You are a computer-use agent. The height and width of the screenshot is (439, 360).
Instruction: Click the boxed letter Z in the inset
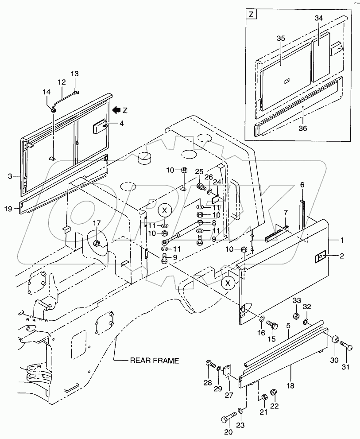pos(251,15)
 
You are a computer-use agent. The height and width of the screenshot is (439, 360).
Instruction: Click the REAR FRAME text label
pos(154,360)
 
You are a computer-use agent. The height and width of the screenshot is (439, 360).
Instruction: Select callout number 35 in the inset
pos(281,39)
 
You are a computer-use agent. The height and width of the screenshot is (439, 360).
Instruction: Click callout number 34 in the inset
pos(318,18)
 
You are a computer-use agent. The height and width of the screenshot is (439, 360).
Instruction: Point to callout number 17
pos(97,223)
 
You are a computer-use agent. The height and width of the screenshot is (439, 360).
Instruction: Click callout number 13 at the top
pos(74,74)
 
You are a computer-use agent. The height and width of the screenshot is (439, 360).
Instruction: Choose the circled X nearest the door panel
pos(228,283)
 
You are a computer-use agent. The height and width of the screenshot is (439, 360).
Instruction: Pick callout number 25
pos(199,171)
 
